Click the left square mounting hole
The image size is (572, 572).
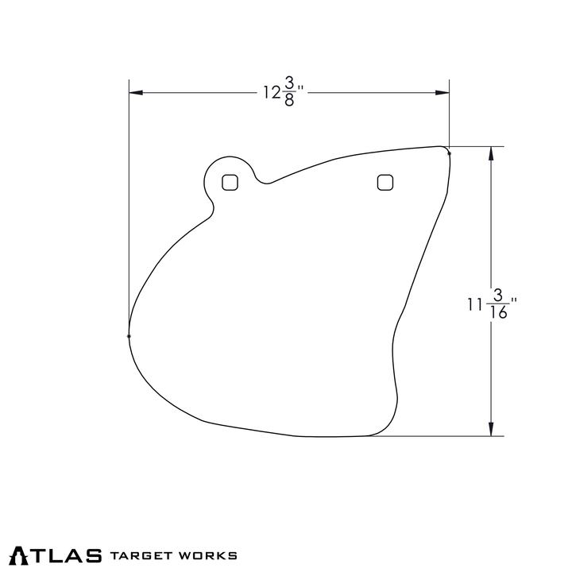[230, 183]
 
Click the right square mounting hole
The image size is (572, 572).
[385, 183]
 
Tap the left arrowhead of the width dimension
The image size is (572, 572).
[136, 93]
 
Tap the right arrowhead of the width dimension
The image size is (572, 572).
[443, 93]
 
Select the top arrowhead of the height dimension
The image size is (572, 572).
[491, 153]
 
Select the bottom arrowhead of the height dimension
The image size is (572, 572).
[491, 429]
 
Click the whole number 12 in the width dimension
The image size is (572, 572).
[272, 93]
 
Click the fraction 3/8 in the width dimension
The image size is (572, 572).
[289, 93]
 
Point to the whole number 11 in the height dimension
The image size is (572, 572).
[474, 304]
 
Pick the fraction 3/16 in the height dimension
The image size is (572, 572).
[498, 304]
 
